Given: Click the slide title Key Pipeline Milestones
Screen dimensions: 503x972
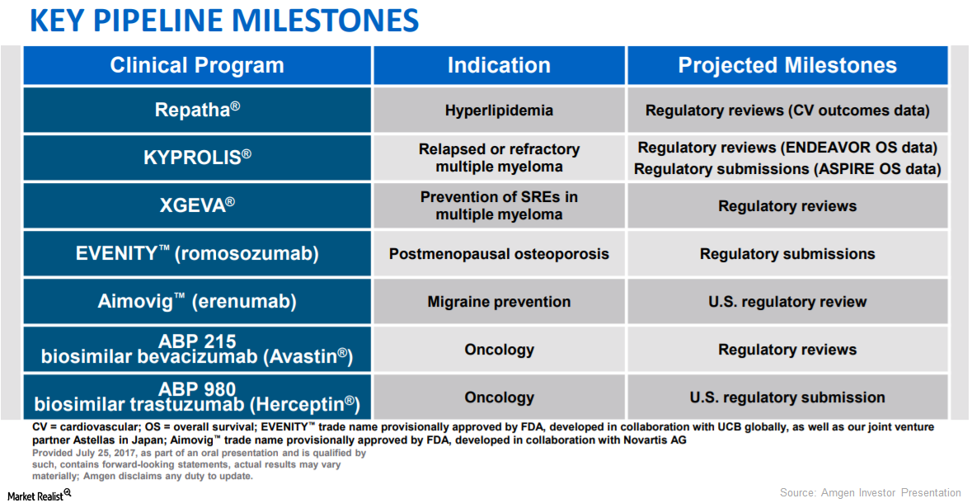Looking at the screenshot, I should click(223, 21).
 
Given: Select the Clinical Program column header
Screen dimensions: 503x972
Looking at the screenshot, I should click(197, 66).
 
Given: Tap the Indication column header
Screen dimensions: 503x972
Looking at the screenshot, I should click(499, 66).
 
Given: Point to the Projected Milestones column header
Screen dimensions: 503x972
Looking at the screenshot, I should click(787, 66).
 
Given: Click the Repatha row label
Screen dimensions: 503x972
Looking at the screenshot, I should click(197, 110).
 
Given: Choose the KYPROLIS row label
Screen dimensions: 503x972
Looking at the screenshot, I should click(197, 157).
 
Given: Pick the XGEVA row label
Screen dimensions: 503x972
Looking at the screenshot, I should click(197, 205).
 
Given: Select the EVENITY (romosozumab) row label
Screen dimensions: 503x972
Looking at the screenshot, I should click(197, 254).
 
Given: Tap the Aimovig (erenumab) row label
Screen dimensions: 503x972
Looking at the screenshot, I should click(197, 302).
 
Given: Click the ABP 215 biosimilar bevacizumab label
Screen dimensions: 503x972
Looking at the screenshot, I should click(197, 349).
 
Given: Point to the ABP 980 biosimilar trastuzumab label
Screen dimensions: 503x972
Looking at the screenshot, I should click(197, 397).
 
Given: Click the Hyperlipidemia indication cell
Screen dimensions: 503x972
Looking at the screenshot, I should click(499, 110).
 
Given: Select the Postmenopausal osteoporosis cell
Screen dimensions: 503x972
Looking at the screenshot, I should click(499, 254).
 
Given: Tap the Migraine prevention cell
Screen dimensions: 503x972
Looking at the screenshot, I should click(499, 302).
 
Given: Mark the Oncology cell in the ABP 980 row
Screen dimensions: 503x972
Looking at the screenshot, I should click(499, 397).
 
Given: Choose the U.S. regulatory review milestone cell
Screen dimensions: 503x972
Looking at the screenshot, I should click(787, 302).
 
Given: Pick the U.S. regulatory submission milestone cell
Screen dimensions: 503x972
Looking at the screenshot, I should click(787, 397).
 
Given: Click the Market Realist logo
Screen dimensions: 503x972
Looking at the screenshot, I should click(39, 492).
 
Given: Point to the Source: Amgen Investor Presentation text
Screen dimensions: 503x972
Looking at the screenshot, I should click(871, 492).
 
